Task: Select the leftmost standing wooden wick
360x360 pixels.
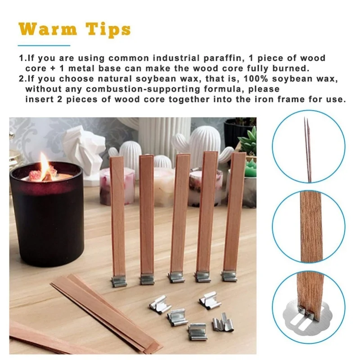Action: coord(118,216)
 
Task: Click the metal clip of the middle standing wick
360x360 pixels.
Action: coord(176,277)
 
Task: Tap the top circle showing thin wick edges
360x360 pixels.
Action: coord(308,148)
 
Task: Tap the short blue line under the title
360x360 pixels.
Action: coord(44,45)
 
